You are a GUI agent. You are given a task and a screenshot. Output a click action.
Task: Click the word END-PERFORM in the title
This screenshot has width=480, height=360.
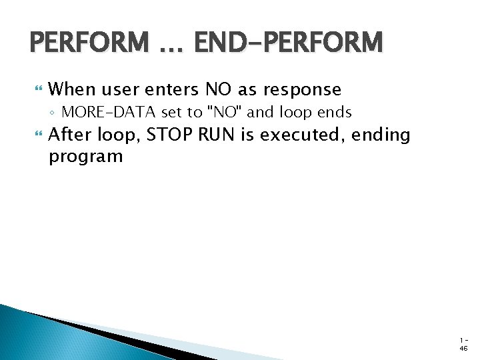289,43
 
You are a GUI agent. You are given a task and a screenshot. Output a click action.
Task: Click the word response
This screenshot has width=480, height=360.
302,89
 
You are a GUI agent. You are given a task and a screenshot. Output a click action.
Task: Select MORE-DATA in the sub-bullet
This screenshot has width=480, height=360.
109,112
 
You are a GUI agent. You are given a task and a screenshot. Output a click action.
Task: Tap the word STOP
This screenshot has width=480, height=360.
168,135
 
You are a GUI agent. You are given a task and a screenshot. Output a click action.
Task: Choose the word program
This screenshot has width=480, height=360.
86,157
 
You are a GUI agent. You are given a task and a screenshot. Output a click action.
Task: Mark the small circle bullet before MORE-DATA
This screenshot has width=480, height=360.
53,113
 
